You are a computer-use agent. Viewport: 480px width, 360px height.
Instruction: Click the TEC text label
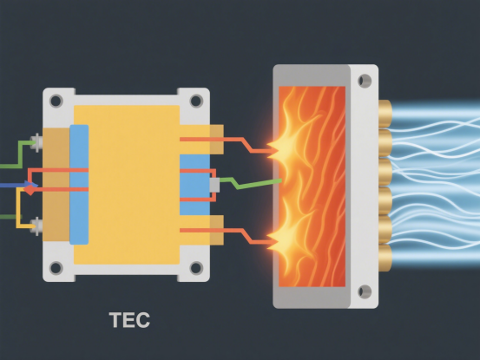pos(129,320)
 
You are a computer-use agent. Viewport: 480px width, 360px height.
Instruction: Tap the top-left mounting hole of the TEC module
pos(56,101)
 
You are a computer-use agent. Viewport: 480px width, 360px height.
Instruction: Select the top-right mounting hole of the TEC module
pos(196,101)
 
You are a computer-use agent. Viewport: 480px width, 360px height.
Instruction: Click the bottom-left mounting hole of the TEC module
pos(56,268)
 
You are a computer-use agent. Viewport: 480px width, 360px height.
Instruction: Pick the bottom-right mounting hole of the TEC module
pos(196,268)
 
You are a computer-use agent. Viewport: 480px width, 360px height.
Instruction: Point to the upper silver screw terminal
pos(36,142)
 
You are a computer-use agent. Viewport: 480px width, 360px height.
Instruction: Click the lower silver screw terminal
pos(36,226)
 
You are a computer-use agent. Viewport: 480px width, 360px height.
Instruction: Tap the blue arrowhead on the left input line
pos(32,185)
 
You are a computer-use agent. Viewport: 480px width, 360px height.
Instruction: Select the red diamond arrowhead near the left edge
pos(30,190)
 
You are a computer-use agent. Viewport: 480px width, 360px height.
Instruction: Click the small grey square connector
pos(214,186)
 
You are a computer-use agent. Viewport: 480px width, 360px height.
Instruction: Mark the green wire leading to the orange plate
pos(250,183)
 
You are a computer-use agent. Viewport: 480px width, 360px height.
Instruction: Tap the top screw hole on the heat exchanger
pos(365,81)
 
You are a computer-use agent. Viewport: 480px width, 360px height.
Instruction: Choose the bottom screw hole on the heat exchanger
pos(365,291)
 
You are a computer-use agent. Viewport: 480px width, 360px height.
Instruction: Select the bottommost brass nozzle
pos(385,258)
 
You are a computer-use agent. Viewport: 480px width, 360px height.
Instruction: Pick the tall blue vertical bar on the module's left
pos(79,185)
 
